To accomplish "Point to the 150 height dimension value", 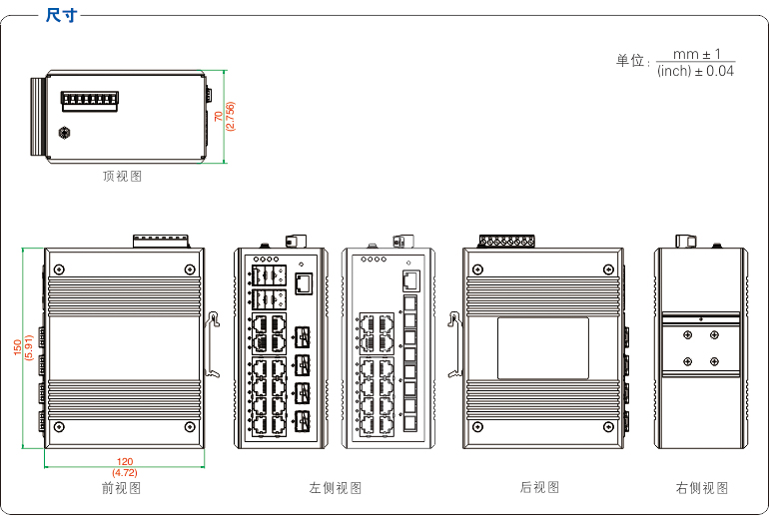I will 17,347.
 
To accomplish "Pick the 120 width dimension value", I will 125,461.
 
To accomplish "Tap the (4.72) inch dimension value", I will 125,472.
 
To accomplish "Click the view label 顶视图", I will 122,177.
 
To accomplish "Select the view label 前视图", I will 121,488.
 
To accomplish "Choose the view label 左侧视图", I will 336,488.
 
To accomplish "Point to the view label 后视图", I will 539,488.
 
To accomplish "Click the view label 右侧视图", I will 702,488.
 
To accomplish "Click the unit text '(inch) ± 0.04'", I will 695,71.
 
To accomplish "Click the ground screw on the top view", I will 65,132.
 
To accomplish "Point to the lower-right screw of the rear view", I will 606,427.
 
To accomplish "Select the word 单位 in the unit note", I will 630,62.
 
